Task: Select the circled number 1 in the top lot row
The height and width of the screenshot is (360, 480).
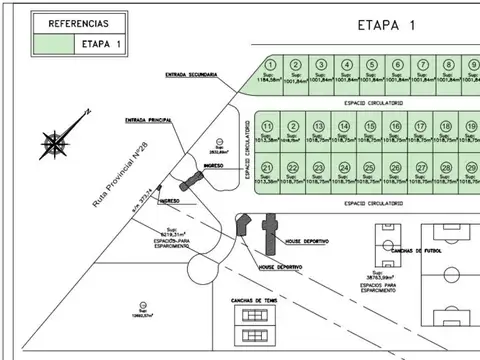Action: point(267,64)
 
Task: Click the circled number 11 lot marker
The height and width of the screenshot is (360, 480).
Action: point(267,126)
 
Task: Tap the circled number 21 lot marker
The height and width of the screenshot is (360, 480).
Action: point(267,166)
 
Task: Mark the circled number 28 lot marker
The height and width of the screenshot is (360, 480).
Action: point(447,166)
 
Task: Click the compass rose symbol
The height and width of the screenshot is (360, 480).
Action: point(55,143)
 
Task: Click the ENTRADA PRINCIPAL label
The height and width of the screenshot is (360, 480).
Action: point(150,120)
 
